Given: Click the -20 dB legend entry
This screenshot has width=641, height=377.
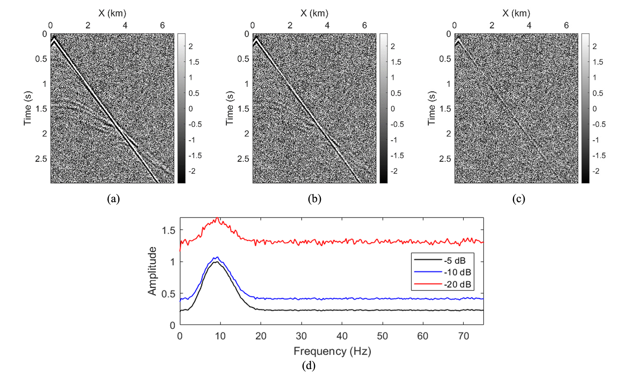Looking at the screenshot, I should point(457,285).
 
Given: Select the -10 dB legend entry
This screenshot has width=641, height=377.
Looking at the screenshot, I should point(457,272).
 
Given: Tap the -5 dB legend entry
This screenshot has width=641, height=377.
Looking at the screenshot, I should point(455,260).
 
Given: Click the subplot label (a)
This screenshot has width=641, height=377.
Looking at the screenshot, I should point(113,199).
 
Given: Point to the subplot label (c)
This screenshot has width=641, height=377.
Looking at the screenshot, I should point(518,199).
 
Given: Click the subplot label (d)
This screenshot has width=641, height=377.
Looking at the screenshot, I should point(308,366).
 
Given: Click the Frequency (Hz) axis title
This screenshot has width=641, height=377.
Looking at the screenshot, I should point(332,351).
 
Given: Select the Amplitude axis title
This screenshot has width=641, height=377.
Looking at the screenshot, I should point(152,271).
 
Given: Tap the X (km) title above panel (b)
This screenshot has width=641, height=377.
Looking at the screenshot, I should point(314,13).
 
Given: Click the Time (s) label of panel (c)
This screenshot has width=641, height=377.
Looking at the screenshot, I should point(431,108).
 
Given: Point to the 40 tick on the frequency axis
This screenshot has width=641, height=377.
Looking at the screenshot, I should point(342,336).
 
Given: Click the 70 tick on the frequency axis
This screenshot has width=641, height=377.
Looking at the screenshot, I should point(463,336).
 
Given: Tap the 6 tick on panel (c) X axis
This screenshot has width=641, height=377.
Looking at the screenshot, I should point(566,25).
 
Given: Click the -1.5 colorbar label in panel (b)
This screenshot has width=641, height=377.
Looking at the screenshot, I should point(397,156).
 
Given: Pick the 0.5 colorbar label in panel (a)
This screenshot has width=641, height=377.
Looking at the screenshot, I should point(194,93).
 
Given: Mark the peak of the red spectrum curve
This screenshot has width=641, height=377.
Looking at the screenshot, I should point(217,219).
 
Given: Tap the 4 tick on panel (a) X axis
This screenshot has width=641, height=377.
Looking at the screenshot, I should point(125,25).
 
